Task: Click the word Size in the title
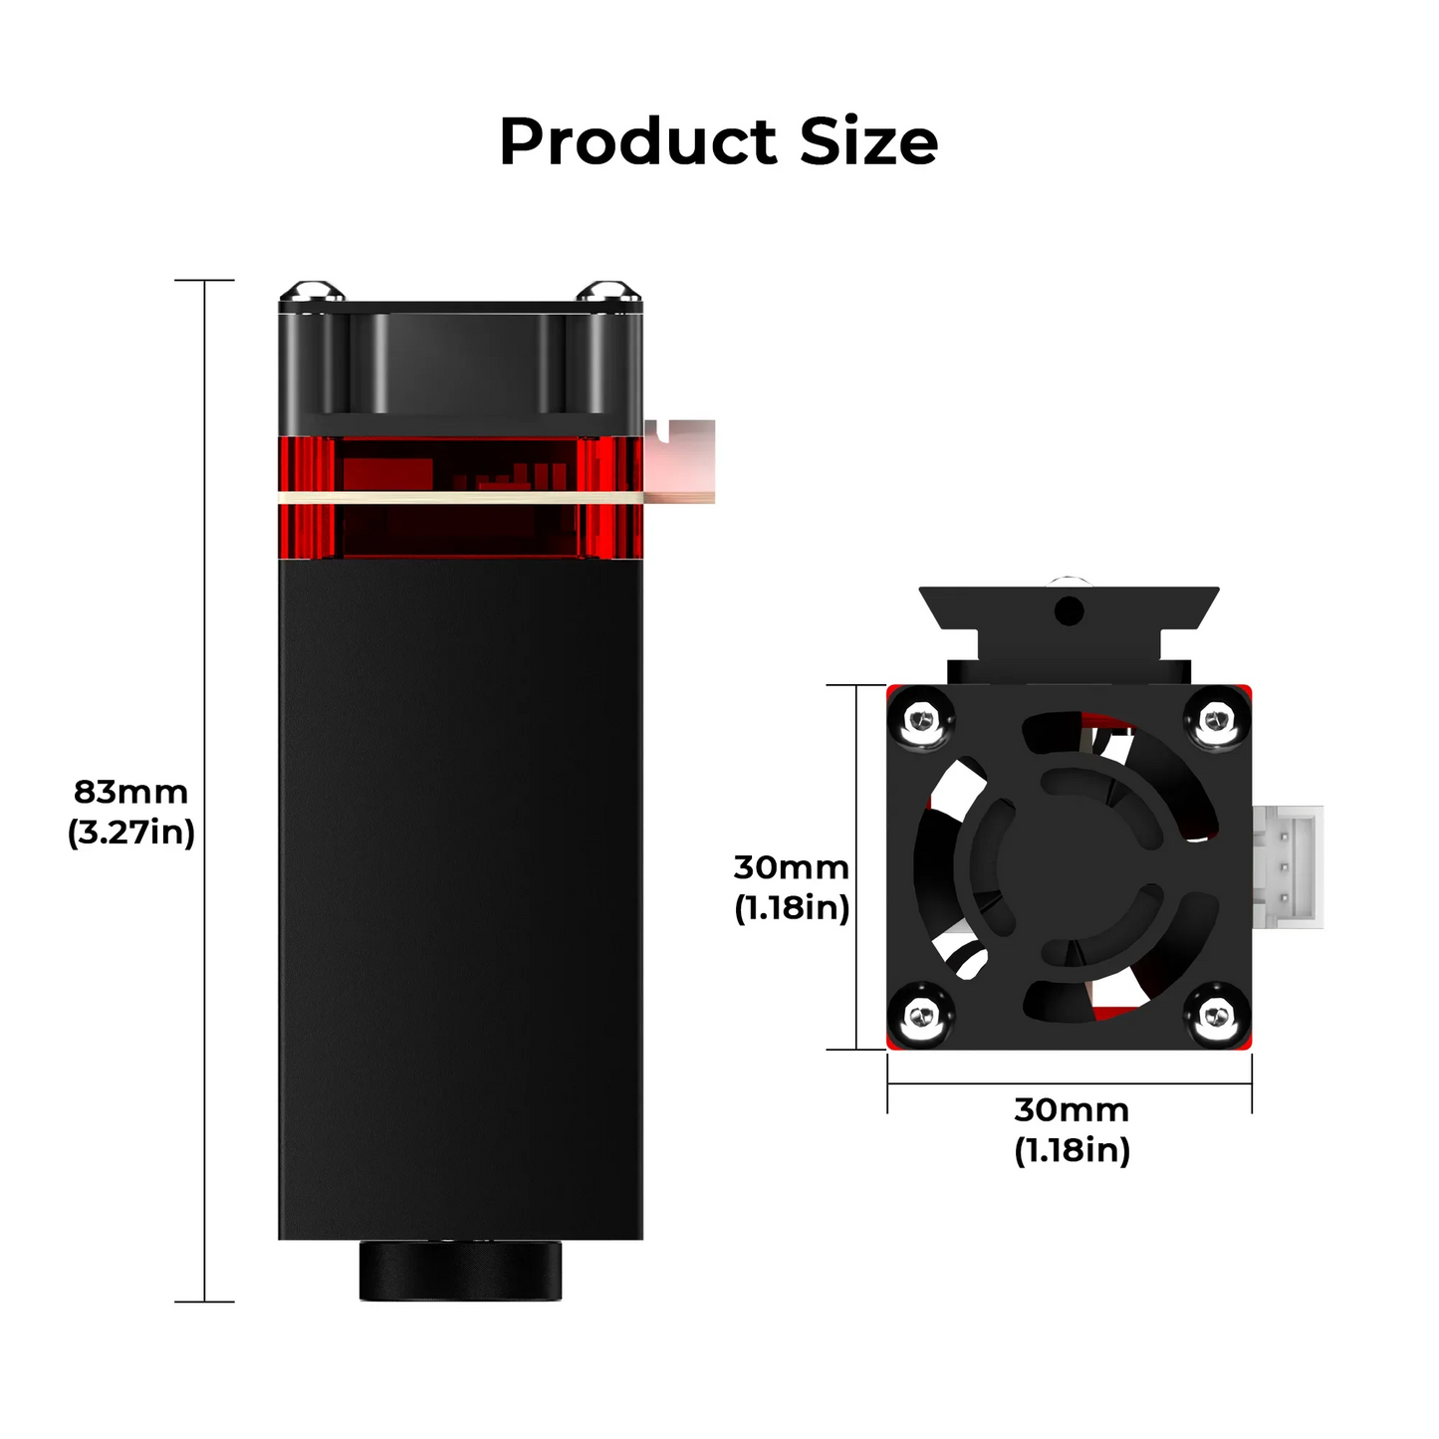click(x=868, y=142)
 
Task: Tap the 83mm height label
click(x=130, y=792)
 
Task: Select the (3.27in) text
click(x=130, y=833)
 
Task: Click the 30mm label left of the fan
click(x=791, y=867)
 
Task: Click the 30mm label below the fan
click(x=1072, y=1109)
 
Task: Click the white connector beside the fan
click(x=1288, y=866)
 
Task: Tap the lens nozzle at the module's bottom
click(x=460, y=1270)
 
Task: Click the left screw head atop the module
click(x=312, y=292)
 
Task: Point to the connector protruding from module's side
click(x=680, y=460)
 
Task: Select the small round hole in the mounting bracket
click(x=1068, y=611)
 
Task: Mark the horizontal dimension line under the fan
click(x=1070, y=1083)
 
